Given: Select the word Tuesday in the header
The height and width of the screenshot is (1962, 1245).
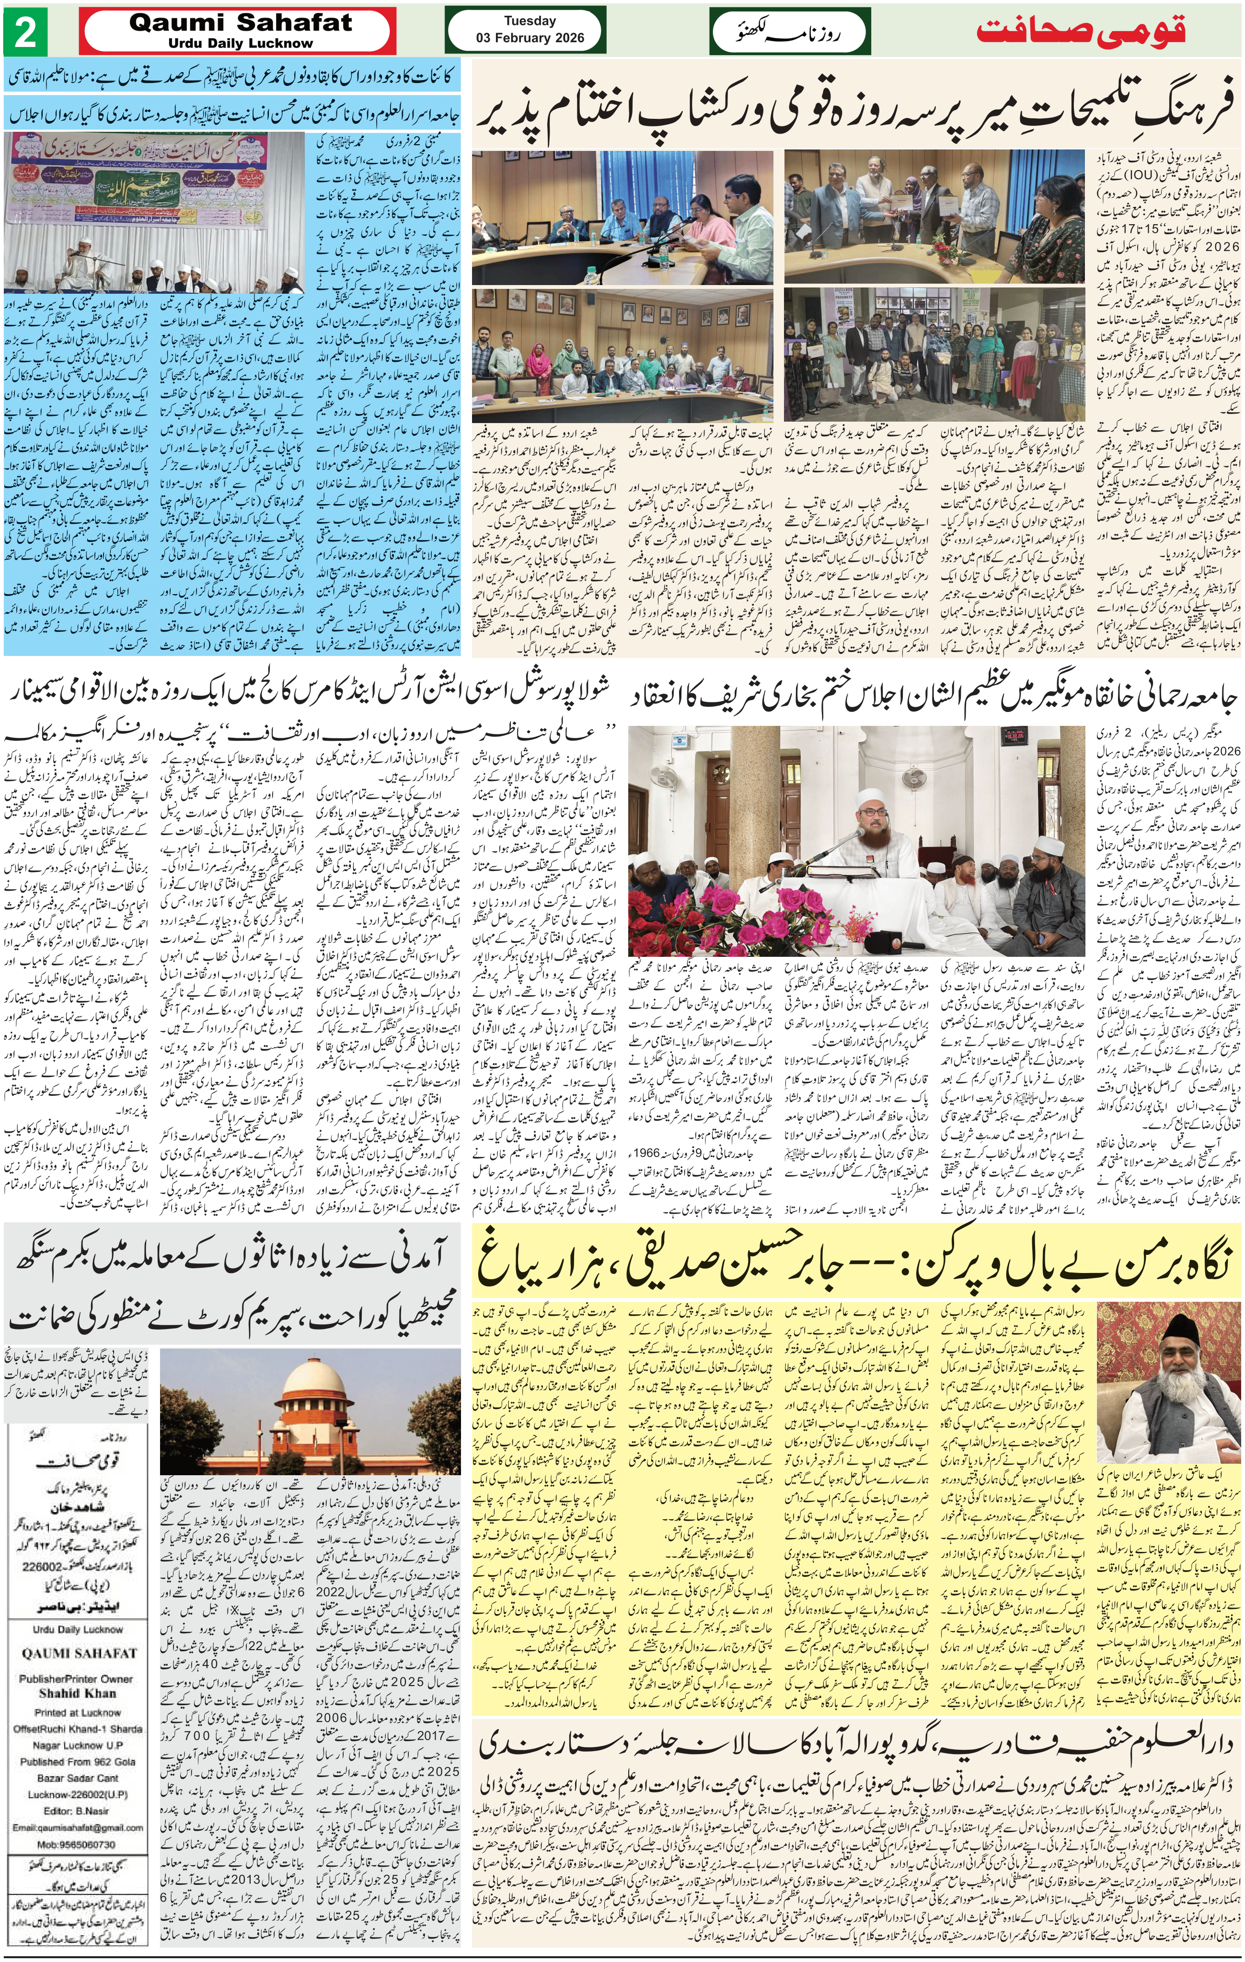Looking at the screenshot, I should tap(530, 21).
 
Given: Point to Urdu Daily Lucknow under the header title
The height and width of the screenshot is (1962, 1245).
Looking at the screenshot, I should tap(240, 43).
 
